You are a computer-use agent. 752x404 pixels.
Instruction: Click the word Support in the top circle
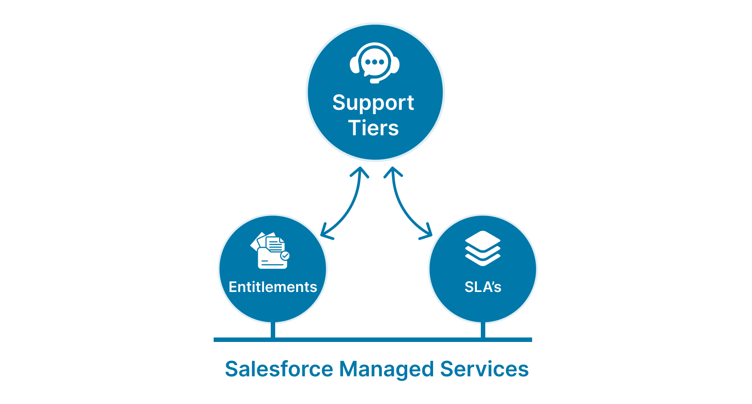[373, 103]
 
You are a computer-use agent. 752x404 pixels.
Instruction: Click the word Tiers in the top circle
[373, 128]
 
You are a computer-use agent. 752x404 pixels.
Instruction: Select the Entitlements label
[273, 287]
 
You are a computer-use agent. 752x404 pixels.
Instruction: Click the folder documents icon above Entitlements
[270, 250]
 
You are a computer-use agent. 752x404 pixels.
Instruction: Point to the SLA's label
[483, 287]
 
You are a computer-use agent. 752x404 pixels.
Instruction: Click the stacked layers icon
[483, 248]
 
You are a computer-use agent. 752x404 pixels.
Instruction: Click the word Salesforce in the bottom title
[279, 369]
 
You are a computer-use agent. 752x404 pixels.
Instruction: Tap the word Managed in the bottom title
[386, 369]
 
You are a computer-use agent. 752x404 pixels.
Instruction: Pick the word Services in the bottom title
[484, 369]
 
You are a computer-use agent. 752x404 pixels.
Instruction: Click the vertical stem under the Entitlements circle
[273, 330]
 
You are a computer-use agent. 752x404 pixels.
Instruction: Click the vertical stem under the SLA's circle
[483, 330]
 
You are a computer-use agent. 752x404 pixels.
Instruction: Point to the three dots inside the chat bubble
[375, 62]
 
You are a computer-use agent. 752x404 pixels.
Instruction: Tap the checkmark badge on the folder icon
[285, 256]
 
